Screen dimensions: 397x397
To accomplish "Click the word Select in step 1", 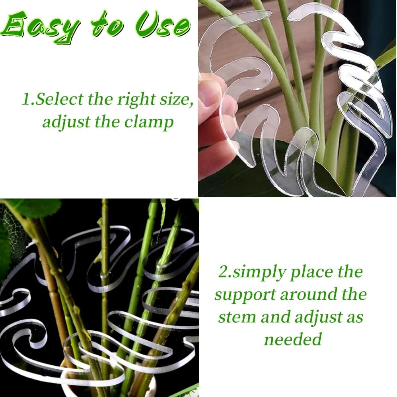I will [x=60, y=99].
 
